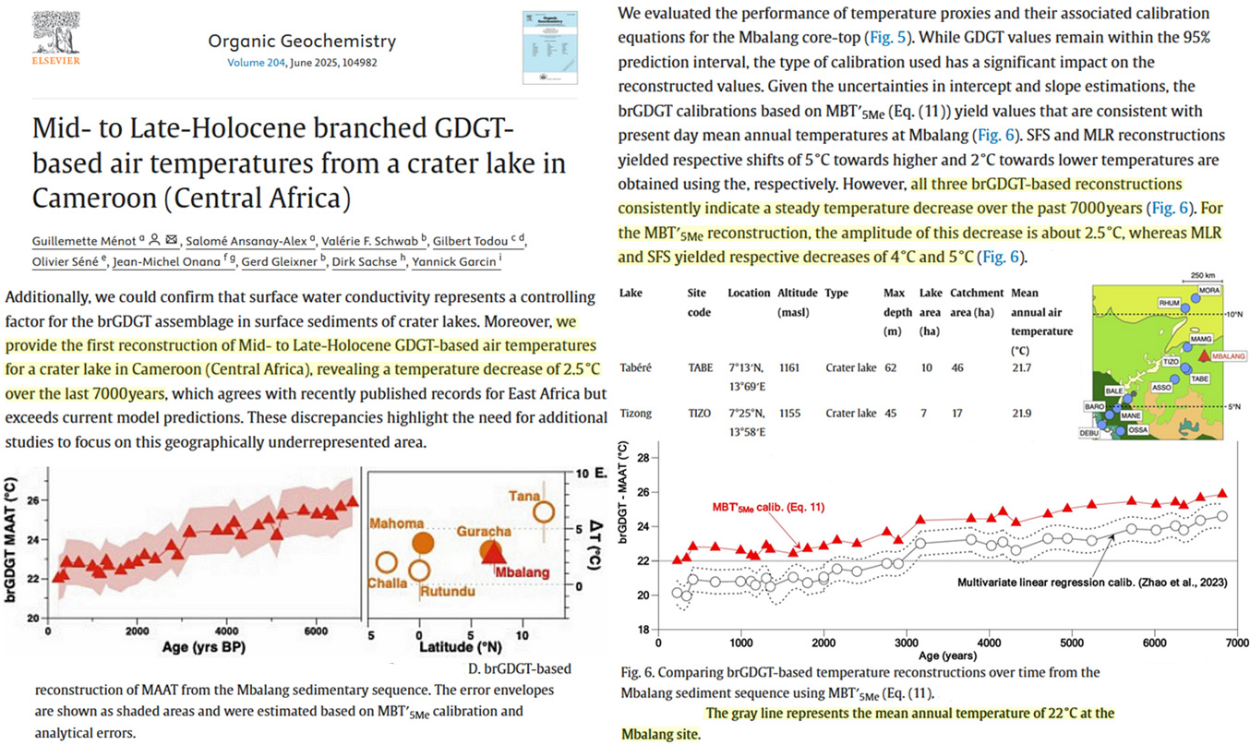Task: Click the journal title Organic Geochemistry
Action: pos(302,42)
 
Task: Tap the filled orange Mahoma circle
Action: pos(423,543)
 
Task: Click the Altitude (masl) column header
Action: pos(796,302)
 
